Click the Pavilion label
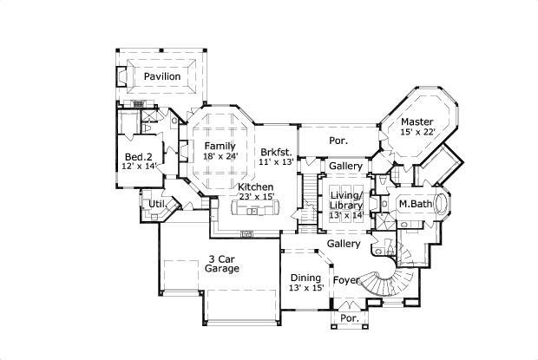coord(162,77)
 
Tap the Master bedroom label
coord(417,121)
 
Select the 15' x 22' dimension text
coord(417,132)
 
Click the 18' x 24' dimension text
coord(220,156)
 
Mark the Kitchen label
coord(256,187)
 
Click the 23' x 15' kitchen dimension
coord(256,198)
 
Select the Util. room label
coord(157,204)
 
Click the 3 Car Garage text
coord(222,264)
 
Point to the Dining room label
coord(305,278)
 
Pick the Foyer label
coord(348,280)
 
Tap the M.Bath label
coord(416,204)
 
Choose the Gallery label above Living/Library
coord(345,166)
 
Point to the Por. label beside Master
coord(338,140)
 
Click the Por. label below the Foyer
coord(347,318)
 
